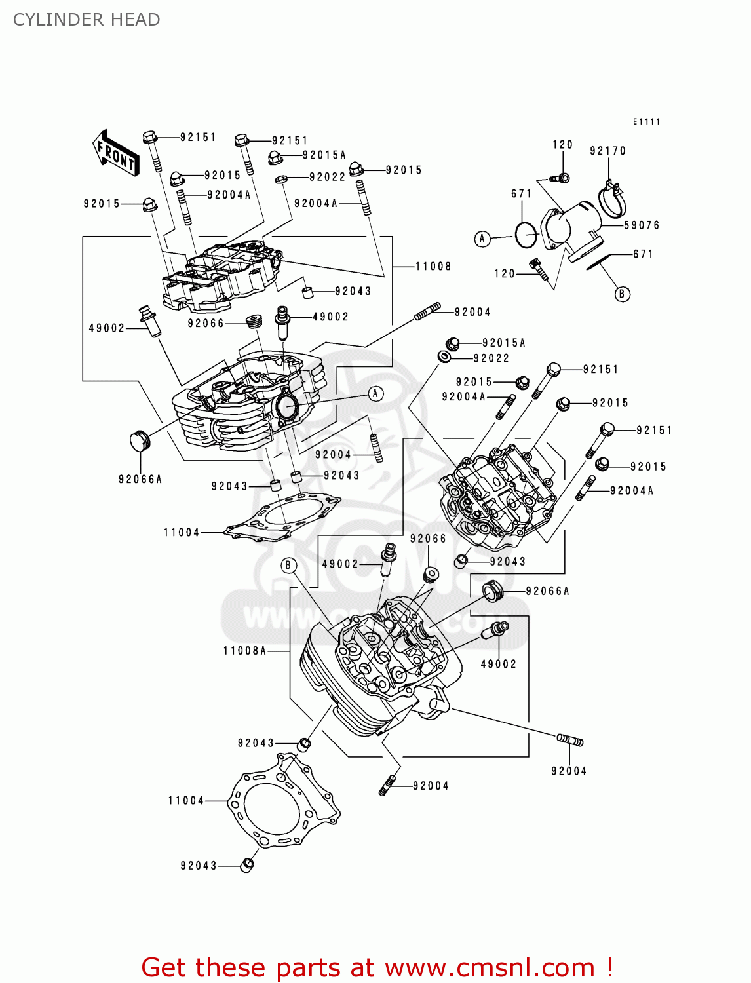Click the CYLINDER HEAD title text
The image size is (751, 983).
[x=87, y=20]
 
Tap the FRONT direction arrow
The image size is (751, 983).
[x=116, y=153]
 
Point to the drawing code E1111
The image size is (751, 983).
[x=646, y=121]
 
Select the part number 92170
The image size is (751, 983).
[x=607, y=151]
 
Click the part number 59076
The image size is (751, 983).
[x=641, y=225]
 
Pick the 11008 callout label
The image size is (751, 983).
[x=433, y=266]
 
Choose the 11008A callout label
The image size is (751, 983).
[x=244, y=651]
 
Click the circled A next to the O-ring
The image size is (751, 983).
[x=482, y=239]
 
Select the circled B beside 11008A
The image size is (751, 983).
[x=289, y=565]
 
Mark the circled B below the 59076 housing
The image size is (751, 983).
[x=622, y=294]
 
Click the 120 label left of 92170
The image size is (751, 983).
[x=562, y=145]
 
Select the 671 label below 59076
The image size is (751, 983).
[x=643, y=254]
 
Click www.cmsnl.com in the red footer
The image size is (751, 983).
[x=489, y=968]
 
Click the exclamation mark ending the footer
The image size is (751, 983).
[x=609, y=967]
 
